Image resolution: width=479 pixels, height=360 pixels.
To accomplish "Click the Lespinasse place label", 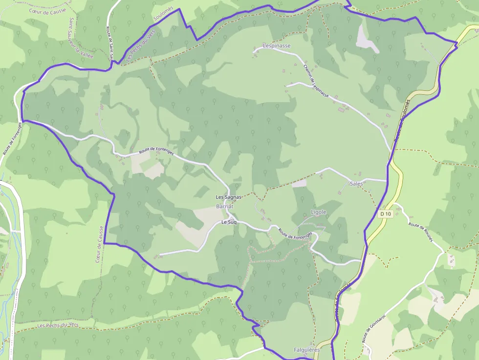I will click(x=277, y=46).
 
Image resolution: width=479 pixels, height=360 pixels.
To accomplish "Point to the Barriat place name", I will click(x=225, y=207).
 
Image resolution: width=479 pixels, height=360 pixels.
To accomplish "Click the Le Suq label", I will click(x=229, y=222).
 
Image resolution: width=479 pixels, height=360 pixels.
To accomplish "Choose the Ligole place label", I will click(x=318, y=212).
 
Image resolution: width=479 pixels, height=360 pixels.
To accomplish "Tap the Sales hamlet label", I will click(x=356, y=183).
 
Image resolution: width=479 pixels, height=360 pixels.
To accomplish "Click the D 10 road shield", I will click(x=386, y=214).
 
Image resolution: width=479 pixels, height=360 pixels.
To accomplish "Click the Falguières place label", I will click(x=306, y=350).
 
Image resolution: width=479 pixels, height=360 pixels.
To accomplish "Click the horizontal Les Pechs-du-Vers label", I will click(x=58, y=325).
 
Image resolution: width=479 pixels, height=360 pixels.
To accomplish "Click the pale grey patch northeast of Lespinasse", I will click(x=367, y=39).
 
